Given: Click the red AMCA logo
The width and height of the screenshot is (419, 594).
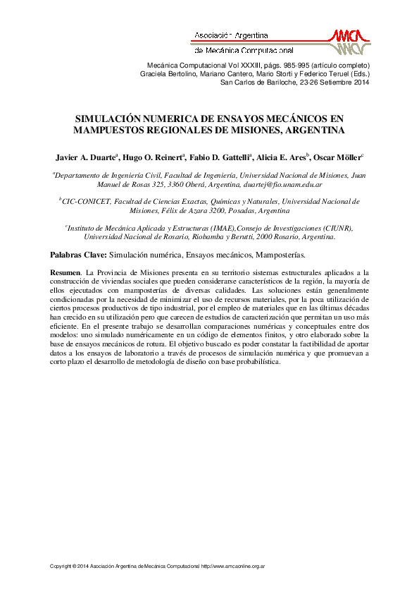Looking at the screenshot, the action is point(350,41).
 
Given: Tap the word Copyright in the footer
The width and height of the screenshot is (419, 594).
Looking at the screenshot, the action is point(60,566).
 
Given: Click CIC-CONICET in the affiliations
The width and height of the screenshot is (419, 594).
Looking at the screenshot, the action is point(87,202).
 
